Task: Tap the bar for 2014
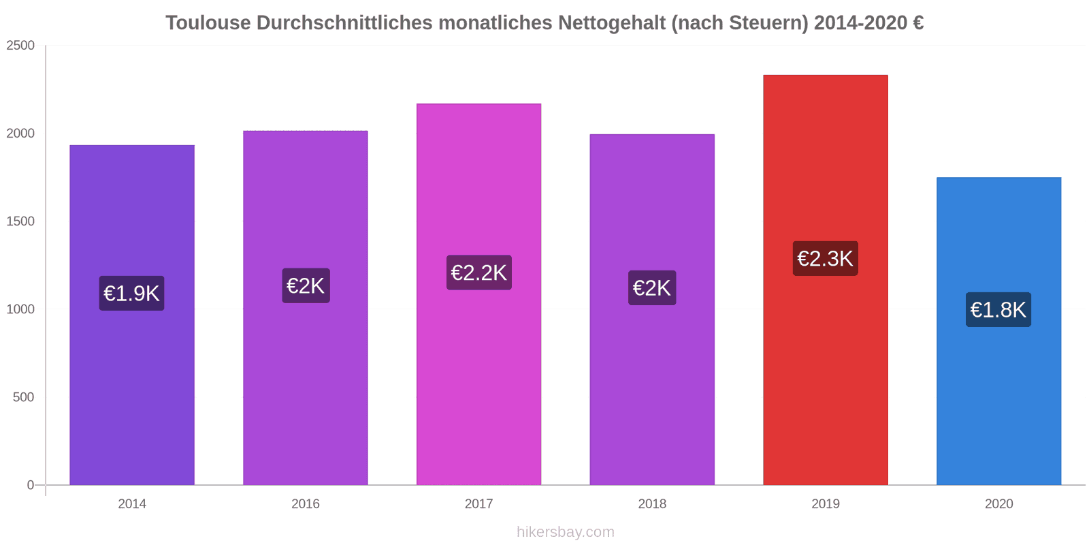[132, 395]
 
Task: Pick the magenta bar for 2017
[478, 381]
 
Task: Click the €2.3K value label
[825, 259]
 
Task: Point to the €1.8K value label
[998, 310]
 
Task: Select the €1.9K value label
[131, 294]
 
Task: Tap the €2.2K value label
[478, 272]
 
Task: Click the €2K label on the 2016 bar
[306, 286]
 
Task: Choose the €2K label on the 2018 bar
[652, 288]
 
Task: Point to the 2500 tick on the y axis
[20, 46]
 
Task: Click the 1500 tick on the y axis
[20, 221]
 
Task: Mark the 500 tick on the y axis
[24, 397]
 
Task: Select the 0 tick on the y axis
[31, 485]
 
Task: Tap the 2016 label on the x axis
[306, 504]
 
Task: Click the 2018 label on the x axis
[652, 504]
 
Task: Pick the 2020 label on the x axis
[998, 504]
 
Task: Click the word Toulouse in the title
[208, 23]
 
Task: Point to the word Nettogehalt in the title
[613, 23]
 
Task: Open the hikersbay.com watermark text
[565, 532]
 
